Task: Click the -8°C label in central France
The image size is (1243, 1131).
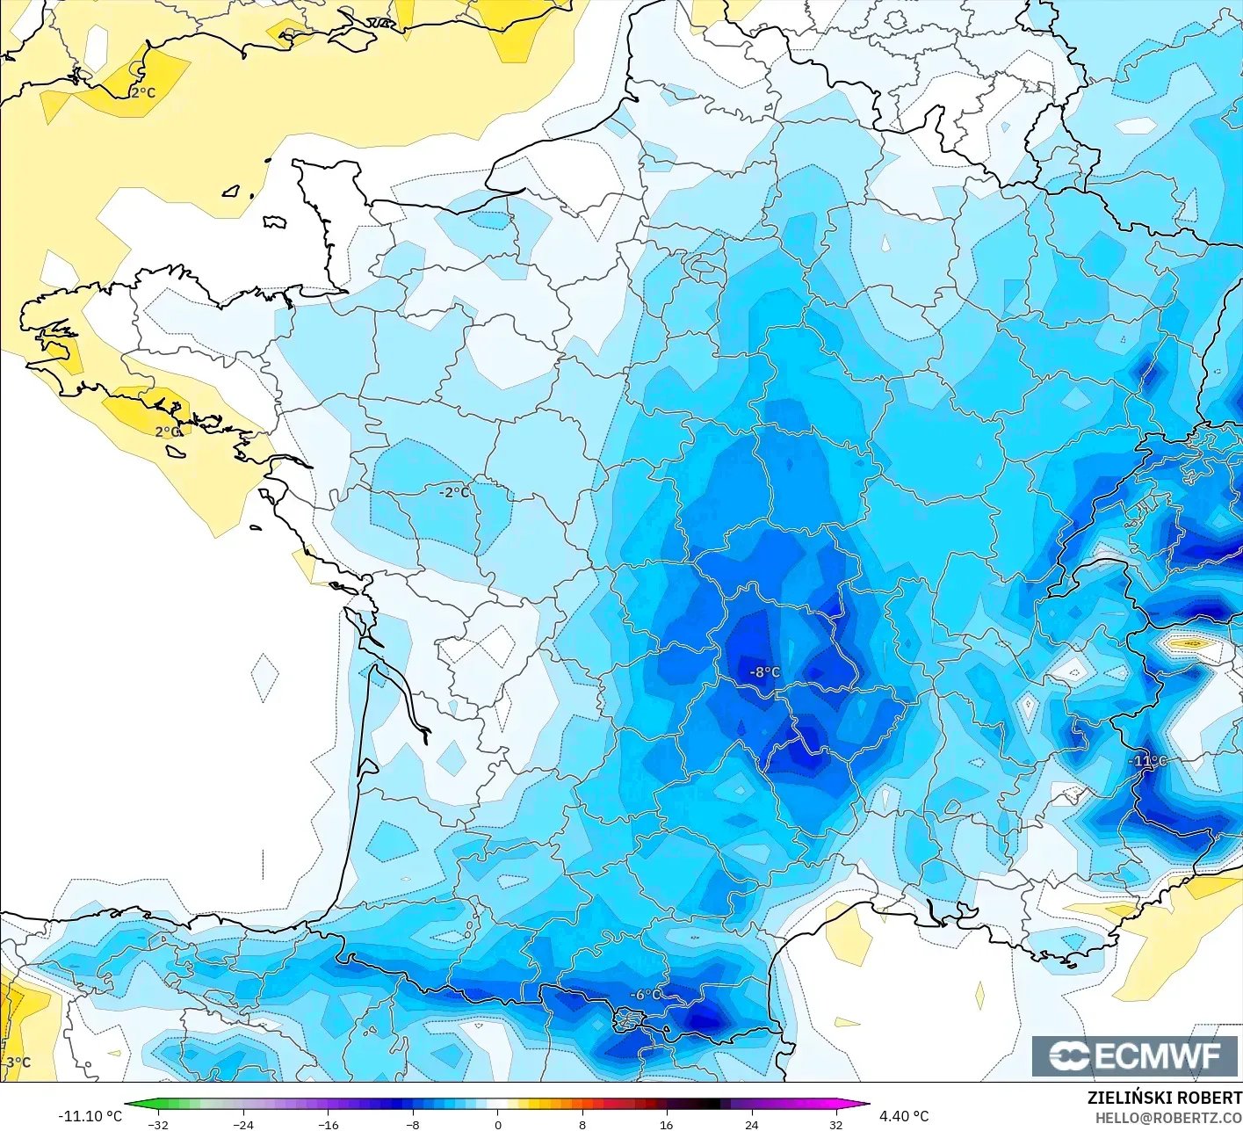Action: pos(764,672)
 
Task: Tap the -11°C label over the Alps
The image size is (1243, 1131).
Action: pos(1148,761)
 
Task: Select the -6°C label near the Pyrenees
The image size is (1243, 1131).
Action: pos(647,994)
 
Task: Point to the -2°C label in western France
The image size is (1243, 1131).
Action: pos(455,492)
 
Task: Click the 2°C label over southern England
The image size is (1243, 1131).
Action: pos(143,92)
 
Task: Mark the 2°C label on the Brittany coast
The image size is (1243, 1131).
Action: pos(168,431)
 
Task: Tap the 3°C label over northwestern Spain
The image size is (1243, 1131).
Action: pos(18,1062)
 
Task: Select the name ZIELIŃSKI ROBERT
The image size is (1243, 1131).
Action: pos(1164,1098)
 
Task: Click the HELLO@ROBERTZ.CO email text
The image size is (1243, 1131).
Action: pos(1168,1118)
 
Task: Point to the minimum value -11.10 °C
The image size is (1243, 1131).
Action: pos(90,1116)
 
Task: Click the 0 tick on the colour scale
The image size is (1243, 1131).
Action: pos(497,1124)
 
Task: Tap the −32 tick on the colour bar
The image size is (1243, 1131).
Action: pos(159,1124)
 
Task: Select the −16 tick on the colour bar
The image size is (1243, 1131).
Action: pos(328,1124)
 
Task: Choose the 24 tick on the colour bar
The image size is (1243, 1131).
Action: pos(751,1124)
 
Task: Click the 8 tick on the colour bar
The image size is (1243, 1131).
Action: pos(582,1124)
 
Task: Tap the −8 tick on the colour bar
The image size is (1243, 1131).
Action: pos(413,1124)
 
